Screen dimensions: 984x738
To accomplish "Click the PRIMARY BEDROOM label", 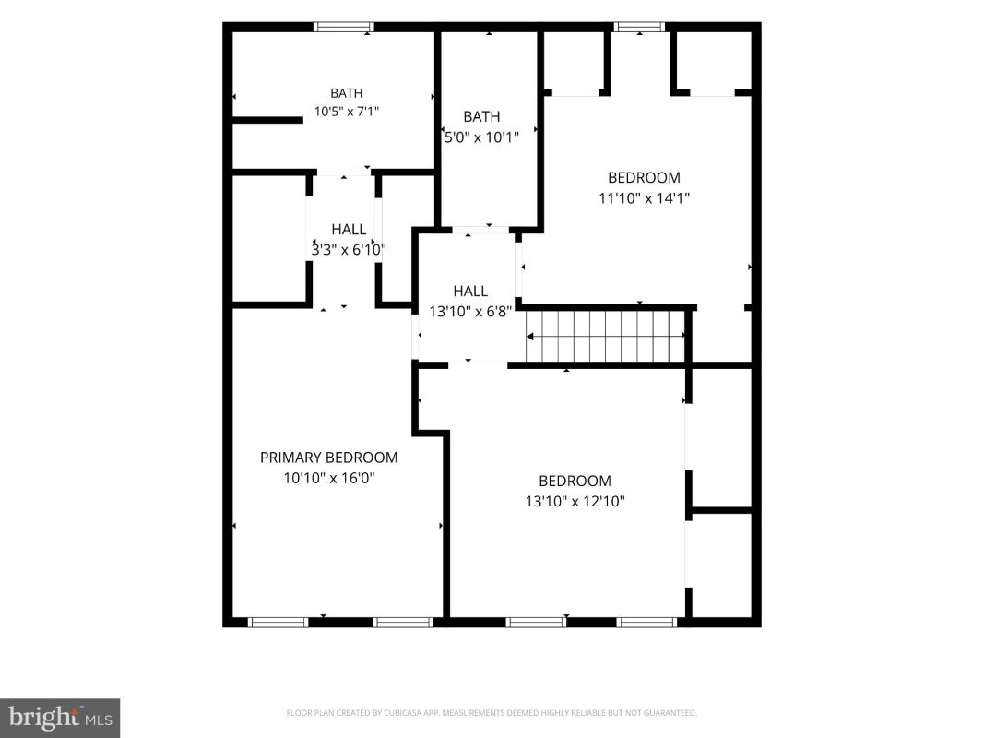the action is click(329, 458).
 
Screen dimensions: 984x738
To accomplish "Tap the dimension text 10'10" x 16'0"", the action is click(329, 478).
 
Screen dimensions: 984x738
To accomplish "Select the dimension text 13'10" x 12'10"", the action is click(575, 502).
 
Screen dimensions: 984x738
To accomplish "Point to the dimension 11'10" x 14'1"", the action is click(644, 198).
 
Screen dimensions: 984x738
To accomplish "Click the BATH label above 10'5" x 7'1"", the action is click(347, 93).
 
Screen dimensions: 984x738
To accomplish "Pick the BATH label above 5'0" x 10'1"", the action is click(482, 117).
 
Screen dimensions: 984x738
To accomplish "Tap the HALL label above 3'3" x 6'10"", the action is click(349, 230).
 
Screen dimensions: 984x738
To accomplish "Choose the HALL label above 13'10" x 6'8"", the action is click(470, 292).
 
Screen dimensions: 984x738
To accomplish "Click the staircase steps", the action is click(606, 337).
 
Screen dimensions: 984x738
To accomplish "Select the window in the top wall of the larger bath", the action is click(344, 27).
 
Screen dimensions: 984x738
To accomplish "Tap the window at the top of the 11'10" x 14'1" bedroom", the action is click(639, 27).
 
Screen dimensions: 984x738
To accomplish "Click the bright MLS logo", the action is click(60, 718).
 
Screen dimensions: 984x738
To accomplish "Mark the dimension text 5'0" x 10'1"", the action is click(482, 137).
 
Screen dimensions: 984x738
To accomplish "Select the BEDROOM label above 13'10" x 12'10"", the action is click(575, 481).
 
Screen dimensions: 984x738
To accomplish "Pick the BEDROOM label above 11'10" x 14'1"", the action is click(644, 178).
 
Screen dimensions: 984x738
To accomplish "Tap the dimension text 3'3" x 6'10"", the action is click(349, 250).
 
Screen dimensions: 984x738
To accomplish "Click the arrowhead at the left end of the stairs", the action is click(529, 337).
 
